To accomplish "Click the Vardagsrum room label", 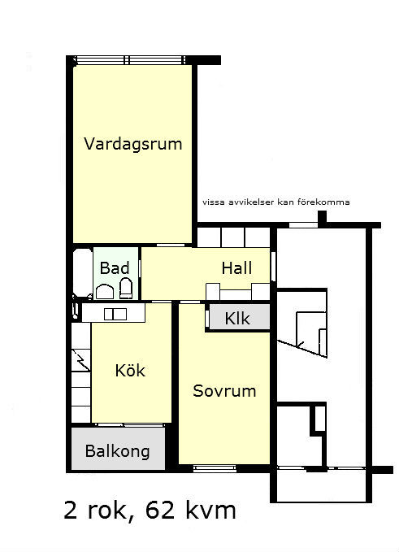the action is point(133,144).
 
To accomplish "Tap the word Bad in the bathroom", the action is point(115,268).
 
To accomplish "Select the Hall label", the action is point(236,268).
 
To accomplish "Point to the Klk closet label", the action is point(237,319).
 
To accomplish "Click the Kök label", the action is point(130,370).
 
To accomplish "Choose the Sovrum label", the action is point(224,391).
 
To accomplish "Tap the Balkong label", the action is point(118,452).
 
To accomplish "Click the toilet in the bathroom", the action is point(126,289).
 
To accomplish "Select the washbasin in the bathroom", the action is point(105,292).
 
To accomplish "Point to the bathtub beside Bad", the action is point(83,273).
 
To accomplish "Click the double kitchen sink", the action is point(115,314).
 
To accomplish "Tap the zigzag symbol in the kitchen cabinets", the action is point(82,360).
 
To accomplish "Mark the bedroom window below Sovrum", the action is point(215,468).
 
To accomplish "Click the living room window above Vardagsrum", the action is point(129,60).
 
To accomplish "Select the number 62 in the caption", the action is point(160,511).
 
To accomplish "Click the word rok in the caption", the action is point(107,511).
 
